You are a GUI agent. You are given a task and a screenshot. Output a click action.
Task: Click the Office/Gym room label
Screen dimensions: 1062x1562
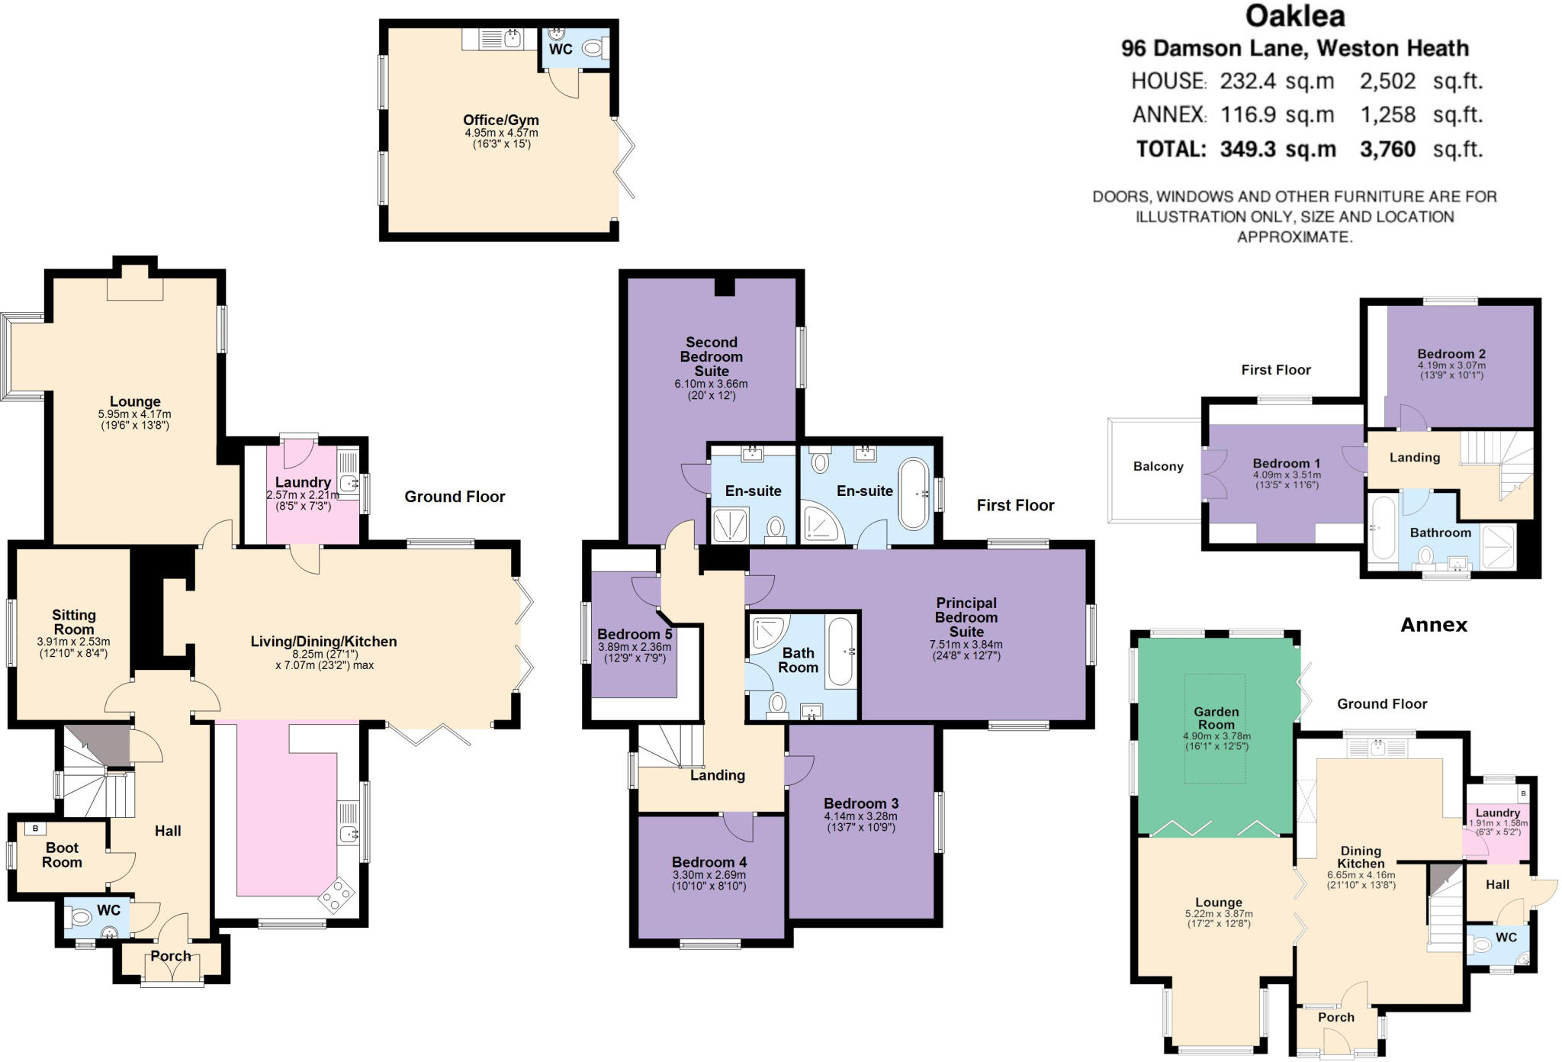[x=500, y=120]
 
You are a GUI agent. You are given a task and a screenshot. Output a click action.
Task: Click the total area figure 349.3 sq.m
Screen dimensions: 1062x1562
[x=1278, y=149]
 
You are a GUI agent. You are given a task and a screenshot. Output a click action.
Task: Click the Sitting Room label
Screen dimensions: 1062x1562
[x=74, y=622]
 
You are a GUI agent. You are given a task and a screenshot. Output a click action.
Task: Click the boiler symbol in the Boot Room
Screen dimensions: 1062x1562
[x=35, y=829]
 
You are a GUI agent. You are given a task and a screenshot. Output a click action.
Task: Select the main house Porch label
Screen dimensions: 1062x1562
[x=170, y=956]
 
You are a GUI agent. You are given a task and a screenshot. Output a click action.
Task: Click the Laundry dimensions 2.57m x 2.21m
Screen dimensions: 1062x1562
[x=303, y=495]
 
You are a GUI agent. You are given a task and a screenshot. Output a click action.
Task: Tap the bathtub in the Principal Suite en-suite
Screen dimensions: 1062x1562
[x=914, y=494]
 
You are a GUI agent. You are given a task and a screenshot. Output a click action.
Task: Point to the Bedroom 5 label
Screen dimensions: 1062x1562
[x=635, y=634]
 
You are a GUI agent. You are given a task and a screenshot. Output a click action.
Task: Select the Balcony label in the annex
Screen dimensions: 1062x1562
[x=1158, y=466]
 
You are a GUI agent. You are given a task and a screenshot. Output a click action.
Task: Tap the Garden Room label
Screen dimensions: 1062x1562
[x=1216, y=718]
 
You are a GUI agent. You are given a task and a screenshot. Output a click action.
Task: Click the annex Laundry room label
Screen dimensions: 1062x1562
[x=1497, y=813]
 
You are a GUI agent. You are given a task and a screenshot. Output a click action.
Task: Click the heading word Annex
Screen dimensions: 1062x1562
[x=1433, y=625]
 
